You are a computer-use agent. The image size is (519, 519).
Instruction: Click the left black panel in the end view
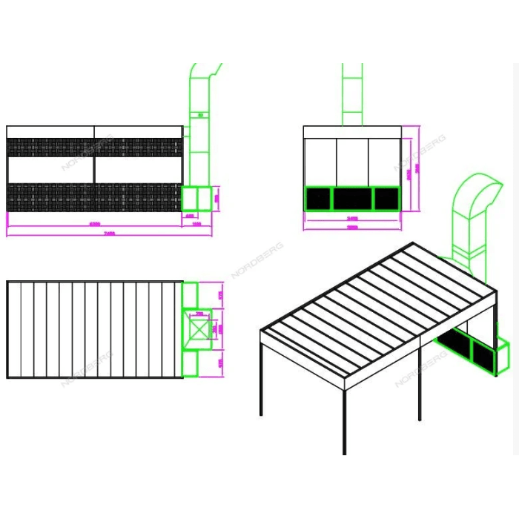[318, 198]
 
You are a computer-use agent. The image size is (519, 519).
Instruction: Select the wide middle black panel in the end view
[352, 198]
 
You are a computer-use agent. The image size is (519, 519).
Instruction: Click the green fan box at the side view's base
[196, 199]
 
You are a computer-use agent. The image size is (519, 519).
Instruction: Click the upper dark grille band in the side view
[94, 147]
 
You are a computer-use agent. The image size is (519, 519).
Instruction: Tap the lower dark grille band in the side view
[94, 197]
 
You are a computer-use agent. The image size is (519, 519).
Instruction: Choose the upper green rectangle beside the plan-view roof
[191, 293]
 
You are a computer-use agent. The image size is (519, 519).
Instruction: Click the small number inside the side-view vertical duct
[199, 115]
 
